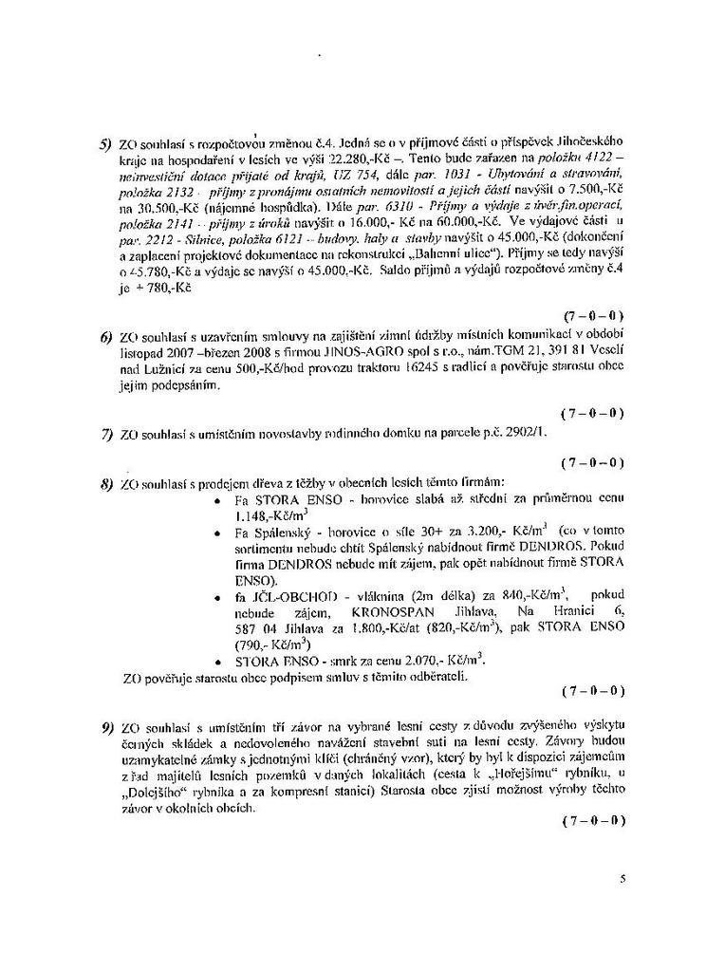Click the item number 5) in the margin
click(x=105, y=144)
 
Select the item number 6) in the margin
click(x=106, y=338)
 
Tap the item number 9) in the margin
click(x=106, y=728)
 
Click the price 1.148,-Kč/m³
click(x=262, y=517)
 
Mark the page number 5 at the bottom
click(x=622, y=879)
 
